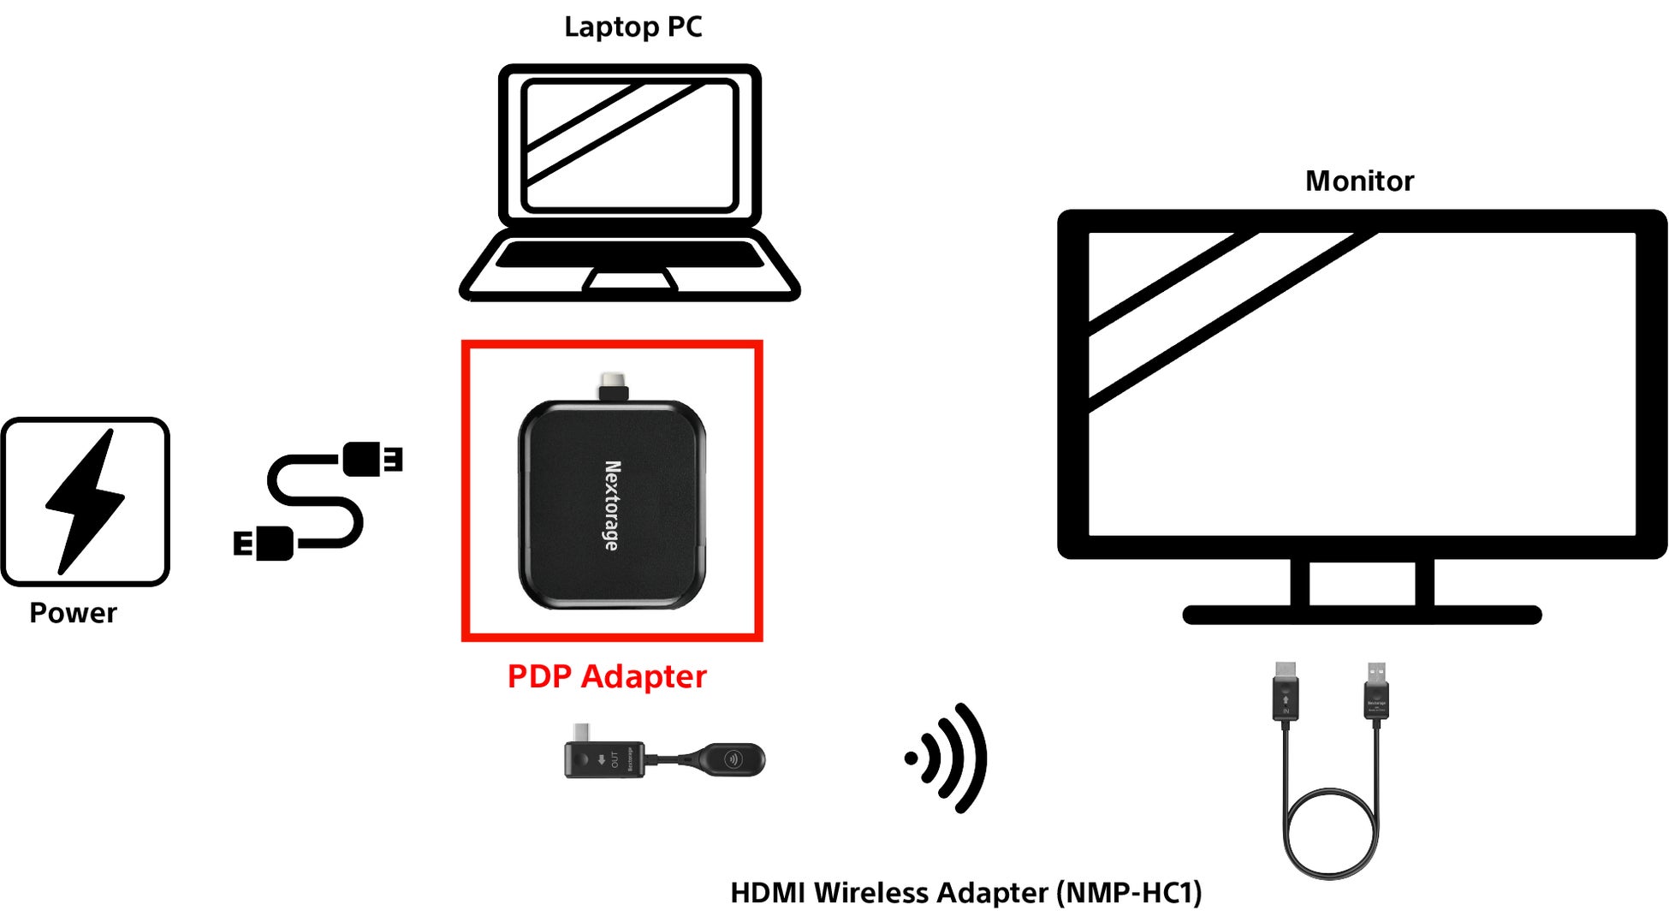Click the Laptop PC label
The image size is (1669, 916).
pos(633,27)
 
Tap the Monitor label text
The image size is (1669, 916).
pos(1358,181)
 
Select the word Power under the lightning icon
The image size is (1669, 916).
pos(73,613)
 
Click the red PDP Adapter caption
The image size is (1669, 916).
pos(607,676)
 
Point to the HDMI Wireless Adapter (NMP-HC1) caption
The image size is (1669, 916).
pos(965,893)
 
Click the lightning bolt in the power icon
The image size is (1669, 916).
pos(86,501)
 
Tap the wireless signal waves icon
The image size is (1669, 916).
pos(948,758)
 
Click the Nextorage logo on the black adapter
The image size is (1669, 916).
pos(612,505)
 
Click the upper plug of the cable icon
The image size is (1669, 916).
pos(371,459)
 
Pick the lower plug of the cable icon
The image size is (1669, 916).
pos(265,544)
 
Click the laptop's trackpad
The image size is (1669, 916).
pos(630,280)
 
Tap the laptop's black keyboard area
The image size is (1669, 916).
pos(630,254)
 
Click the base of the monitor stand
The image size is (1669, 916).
pos(1361,615)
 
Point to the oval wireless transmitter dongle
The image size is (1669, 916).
pos(732,759)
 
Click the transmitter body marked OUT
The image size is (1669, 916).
pos(603,759)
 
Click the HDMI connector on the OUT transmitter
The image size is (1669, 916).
pos(582,733)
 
